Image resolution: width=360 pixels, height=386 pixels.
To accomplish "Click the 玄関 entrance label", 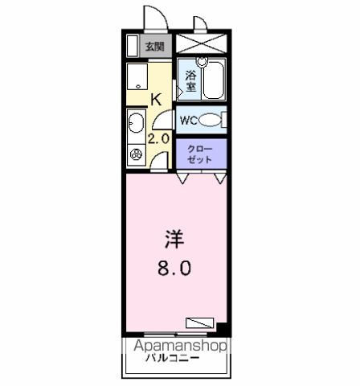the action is (x=155, y=47).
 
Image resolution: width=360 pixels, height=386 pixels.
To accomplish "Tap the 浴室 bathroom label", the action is (x=190, y=80).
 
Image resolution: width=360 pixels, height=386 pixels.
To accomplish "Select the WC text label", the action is (x=189, y=121).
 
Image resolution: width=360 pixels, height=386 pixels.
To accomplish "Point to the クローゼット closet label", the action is (x=199, y=154).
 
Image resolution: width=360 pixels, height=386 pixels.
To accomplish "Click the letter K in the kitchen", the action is (x=156, y=100).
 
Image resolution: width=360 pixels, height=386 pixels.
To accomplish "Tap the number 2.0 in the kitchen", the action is (x=158, y=139).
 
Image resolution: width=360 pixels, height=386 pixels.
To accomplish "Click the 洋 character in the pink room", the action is (x=174, y=239).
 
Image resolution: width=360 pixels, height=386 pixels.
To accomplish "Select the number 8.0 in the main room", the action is (x=174, y=268).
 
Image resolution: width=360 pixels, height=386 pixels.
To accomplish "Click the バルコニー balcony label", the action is (x=172, y=358).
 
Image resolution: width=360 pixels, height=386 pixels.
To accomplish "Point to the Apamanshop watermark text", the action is (x=180, y=346).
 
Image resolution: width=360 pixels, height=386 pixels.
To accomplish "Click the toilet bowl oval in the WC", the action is (x=211, y=120).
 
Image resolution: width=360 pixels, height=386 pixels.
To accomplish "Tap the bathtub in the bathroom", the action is (x=214, y=80).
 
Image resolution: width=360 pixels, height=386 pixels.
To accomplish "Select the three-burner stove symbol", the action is (x=136, y=154).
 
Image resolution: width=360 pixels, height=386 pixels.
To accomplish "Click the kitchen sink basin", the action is (x=137, y=123).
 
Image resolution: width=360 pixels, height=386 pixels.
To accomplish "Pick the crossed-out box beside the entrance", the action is (x=201, y=43).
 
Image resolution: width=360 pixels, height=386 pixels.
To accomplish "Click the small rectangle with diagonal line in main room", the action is (x=200, y=322).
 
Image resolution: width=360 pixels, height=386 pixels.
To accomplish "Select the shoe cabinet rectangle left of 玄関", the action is (x=133, y=46).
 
